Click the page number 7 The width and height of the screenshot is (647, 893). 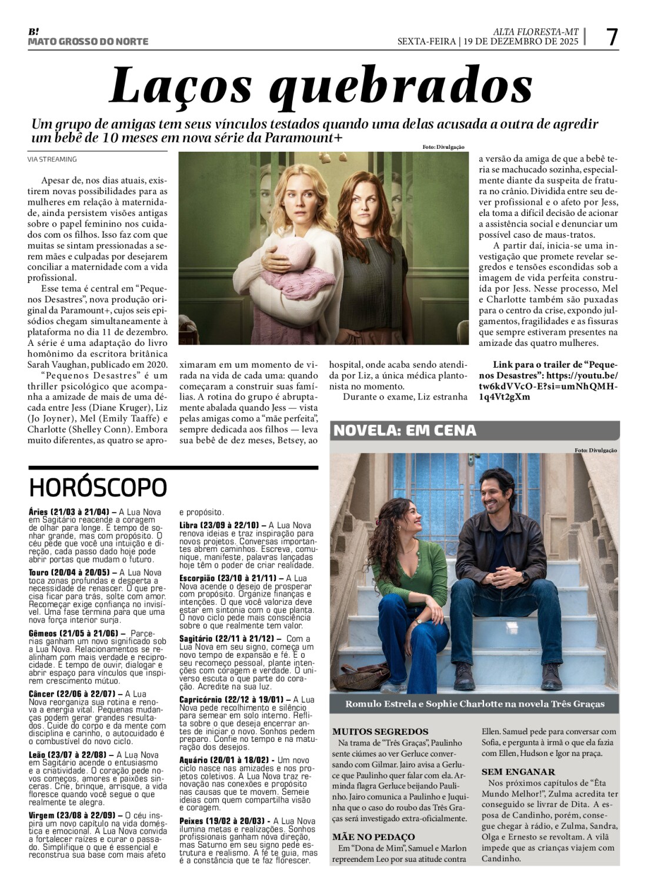point(612,37)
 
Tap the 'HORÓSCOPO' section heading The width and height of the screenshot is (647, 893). point(98,487)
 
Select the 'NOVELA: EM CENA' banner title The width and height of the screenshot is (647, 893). point(405,431)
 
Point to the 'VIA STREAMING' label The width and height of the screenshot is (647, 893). point(52,159)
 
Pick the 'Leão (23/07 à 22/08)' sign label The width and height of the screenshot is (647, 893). point(67,755)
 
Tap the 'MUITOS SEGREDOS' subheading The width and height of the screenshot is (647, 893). point(380,732)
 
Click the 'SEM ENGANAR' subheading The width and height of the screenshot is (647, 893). point(518,772)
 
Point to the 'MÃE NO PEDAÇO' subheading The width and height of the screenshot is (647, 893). point(373,837)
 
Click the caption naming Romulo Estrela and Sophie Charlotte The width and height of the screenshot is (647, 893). point(474,704)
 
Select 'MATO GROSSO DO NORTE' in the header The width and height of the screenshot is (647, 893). point(88,42)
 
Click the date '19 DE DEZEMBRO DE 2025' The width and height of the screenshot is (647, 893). point(521,41)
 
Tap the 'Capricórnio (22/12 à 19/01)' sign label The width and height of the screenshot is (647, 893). point(232,699)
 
